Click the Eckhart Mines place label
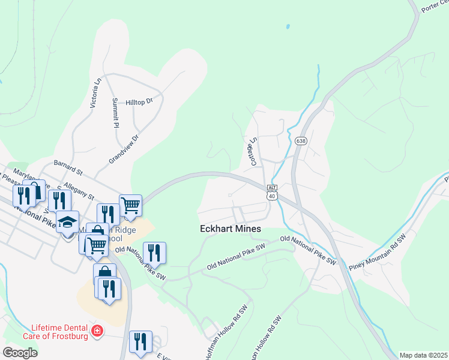pos(231,229)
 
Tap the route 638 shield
pos(301,141)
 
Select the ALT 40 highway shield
pos(272,192)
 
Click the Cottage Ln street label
pos(253,151)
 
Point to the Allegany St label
pos(79,191)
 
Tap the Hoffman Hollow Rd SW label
pos(226,334)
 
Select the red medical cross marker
pos(97,331)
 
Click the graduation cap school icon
pos(68,221)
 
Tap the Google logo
pos(20,352)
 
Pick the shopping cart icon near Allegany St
pos(130,205)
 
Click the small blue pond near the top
pos(288,27)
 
